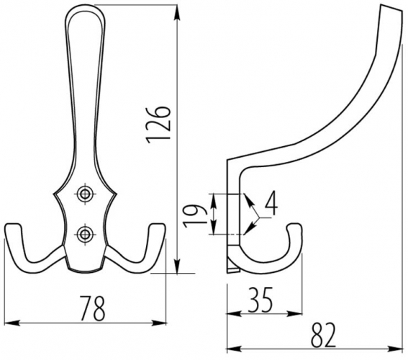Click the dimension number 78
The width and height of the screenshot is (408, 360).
92,308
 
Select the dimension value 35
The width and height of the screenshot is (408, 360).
260,300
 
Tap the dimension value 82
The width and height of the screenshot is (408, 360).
323,336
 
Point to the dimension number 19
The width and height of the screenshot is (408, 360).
194,216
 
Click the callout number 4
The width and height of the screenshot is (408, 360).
271,203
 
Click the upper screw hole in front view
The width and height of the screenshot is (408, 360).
85,194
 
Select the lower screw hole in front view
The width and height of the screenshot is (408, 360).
85,234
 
